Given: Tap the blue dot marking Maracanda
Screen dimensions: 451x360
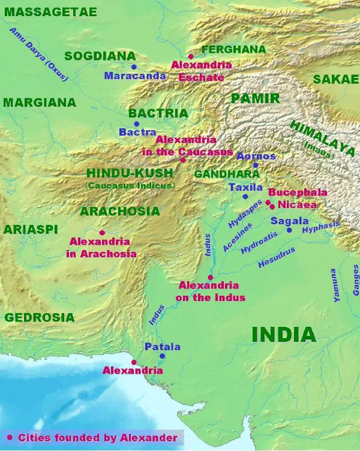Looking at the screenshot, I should click(x=134, y=67).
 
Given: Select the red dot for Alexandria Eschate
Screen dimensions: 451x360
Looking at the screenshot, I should click(x=191, y=56).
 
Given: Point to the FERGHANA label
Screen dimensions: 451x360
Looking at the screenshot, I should click(x=233, y=49).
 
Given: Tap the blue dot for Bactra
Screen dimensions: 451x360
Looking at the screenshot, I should click(x=136, y=124).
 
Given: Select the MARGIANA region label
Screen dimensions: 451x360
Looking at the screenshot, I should click(x=40, y=103).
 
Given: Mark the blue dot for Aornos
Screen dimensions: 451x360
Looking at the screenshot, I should click(x=255, y=165).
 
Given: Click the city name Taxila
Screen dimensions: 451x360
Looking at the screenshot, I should click(x=246, y=187).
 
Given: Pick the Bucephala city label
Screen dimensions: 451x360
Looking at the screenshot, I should click(x=298, y=193).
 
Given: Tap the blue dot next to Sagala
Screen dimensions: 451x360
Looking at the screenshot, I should click(x=289, y=230).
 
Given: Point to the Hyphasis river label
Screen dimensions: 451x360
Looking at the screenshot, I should click(x=321, y=227).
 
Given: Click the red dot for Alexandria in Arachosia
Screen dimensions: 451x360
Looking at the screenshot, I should click(x=102, y=233).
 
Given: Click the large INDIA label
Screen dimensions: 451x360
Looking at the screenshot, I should click(x=283, y=334).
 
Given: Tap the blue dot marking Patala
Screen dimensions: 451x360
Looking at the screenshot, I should click(x=162, y=356).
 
